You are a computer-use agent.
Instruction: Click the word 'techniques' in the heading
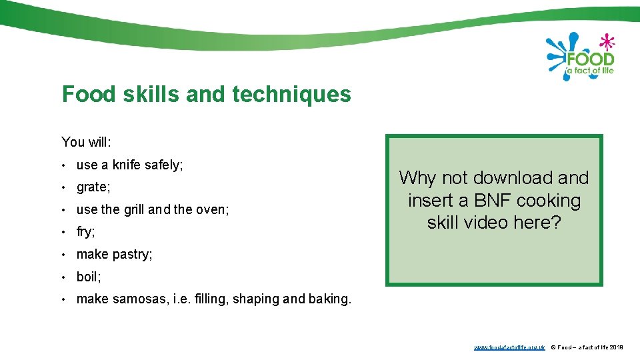pyautogui.click(x=291, y=95)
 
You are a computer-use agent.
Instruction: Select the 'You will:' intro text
pyautogui.click(x=87, y=142)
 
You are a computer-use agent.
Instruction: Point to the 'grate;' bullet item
pyautogui.click(x=93, y=187)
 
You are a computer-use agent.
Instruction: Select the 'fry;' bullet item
pyautogui.click(x=86, y=232)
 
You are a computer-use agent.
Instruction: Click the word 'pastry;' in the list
pyautogui.click(x=133, y=255)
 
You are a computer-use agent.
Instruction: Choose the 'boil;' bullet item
pyautogui.click(x=89, y=277)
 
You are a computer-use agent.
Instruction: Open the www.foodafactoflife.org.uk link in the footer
pyautogui.click(x=509, y=348)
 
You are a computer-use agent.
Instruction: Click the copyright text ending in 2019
pyautogui.click(x=587, y=348)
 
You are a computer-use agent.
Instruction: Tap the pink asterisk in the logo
pyautogui.click(x=605, y=42)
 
